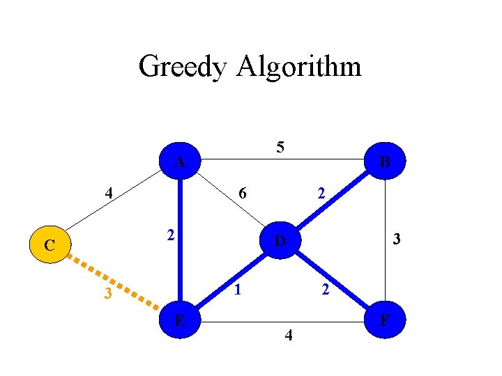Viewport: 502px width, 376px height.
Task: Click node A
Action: pos(180,162)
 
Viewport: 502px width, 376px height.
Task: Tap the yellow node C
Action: pos(49,245)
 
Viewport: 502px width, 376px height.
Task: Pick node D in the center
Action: pos(280,241)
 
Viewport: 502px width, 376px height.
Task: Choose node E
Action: pos(180,320)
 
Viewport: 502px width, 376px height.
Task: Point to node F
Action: pos(384,320)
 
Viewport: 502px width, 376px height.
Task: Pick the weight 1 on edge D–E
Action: pos(237,289)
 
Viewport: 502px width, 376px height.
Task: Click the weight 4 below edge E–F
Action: pos(289,338)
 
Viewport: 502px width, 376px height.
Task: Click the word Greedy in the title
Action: pos(183,67)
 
